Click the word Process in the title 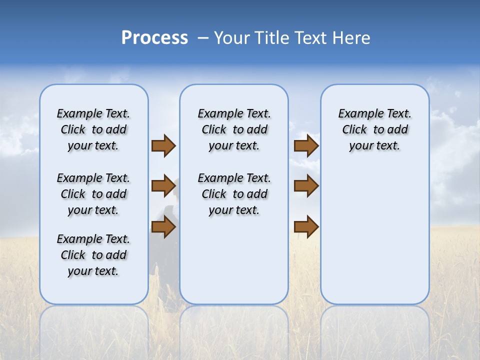click(x=154, y=38)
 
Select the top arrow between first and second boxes click(x=163, y=146)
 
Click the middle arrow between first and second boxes click(x=163, y=186)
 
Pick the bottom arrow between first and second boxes click(x=163, y=227)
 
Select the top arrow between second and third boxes click(x=306, y=146)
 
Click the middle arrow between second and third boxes click(x=306, y=186)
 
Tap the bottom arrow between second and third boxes click(x=306, y=227)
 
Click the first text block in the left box click(x=93, y=129)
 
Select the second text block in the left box click(x=93, y=194)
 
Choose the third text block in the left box click(x=93, y=255)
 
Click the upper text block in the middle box click(x=234, y=129)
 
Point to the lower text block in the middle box click(x=234, y=194)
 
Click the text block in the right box click(x=374, y=129)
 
